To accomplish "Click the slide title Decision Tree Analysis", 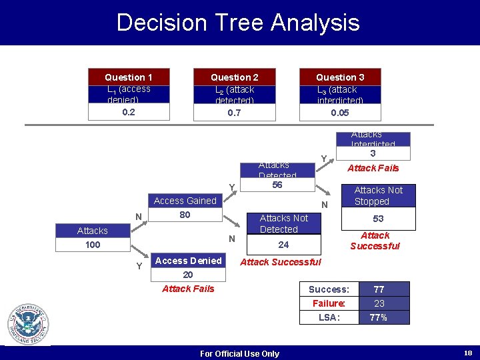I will [238, 23].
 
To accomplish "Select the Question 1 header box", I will [129, 77].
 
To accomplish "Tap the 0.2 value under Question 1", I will [129, 112].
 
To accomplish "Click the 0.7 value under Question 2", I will [234, 113].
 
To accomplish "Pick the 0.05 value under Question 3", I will [339, 113].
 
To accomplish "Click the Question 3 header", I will [339, 77].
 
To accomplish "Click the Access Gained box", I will [185, 201].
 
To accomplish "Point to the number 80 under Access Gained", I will [185, 215].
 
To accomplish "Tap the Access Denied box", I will [188, 261].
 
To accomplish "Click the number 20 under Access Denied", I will [188, 275].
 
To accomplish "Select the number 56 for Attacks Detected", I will [277, 185].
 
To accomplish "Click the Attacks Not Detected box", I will [283, 223].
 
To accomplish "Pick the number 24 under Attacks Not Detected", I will [283, 245].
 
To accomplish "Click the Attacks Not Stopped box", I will [378, 195].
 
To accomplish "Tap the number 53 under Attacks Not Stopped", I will [378, 219].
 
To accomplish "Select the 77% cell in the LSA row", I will [379, 317].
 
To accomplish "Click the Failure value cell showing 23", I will [379, 303].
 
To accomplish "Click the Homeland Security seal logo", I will [28, 324].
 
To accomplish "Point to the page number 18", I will [467, 353].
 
